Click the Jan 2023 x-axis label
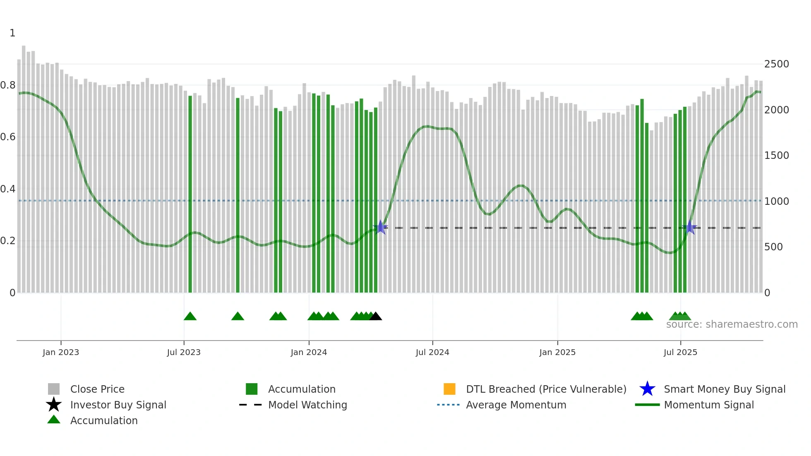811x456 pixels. coord(60,352)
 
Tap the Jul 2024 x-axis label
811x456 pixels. coord(432,352)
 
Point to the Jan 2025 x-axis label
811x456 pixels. coord(557,352)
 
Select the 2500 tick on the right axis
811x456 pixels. coord(777,64)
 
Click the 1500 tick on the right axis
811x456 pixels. coord(777,156)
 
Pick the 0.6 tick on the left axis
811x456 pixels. coord(8,137)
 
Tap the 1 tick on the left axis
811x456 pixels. coord(12,33)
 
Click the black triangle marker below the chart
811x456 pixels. coord(375,317)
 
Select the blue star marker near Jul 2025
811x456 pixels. coord(690,227)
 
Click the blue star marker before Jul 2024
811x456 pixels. coord(380,227)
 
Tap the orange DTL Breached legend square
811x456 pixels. coord(449,389)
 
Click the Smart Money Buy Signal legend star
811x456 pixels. coord(647,389)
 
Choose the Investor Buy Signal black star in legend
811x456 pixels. coord(54,405)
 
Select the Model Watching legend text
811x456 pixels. coord(307,405)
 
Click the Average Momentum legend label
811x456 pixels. coord(516,405)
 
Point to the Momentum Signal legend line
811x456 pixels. coord(647,405)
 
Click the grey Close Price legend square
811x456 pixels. coord(54,389)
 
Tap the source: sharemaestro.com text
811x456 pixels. coord(732,324)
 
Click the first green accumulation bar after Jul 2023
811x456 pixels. coord(190,194)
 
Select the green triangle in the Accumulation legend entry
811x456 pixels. coord(54,420)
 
